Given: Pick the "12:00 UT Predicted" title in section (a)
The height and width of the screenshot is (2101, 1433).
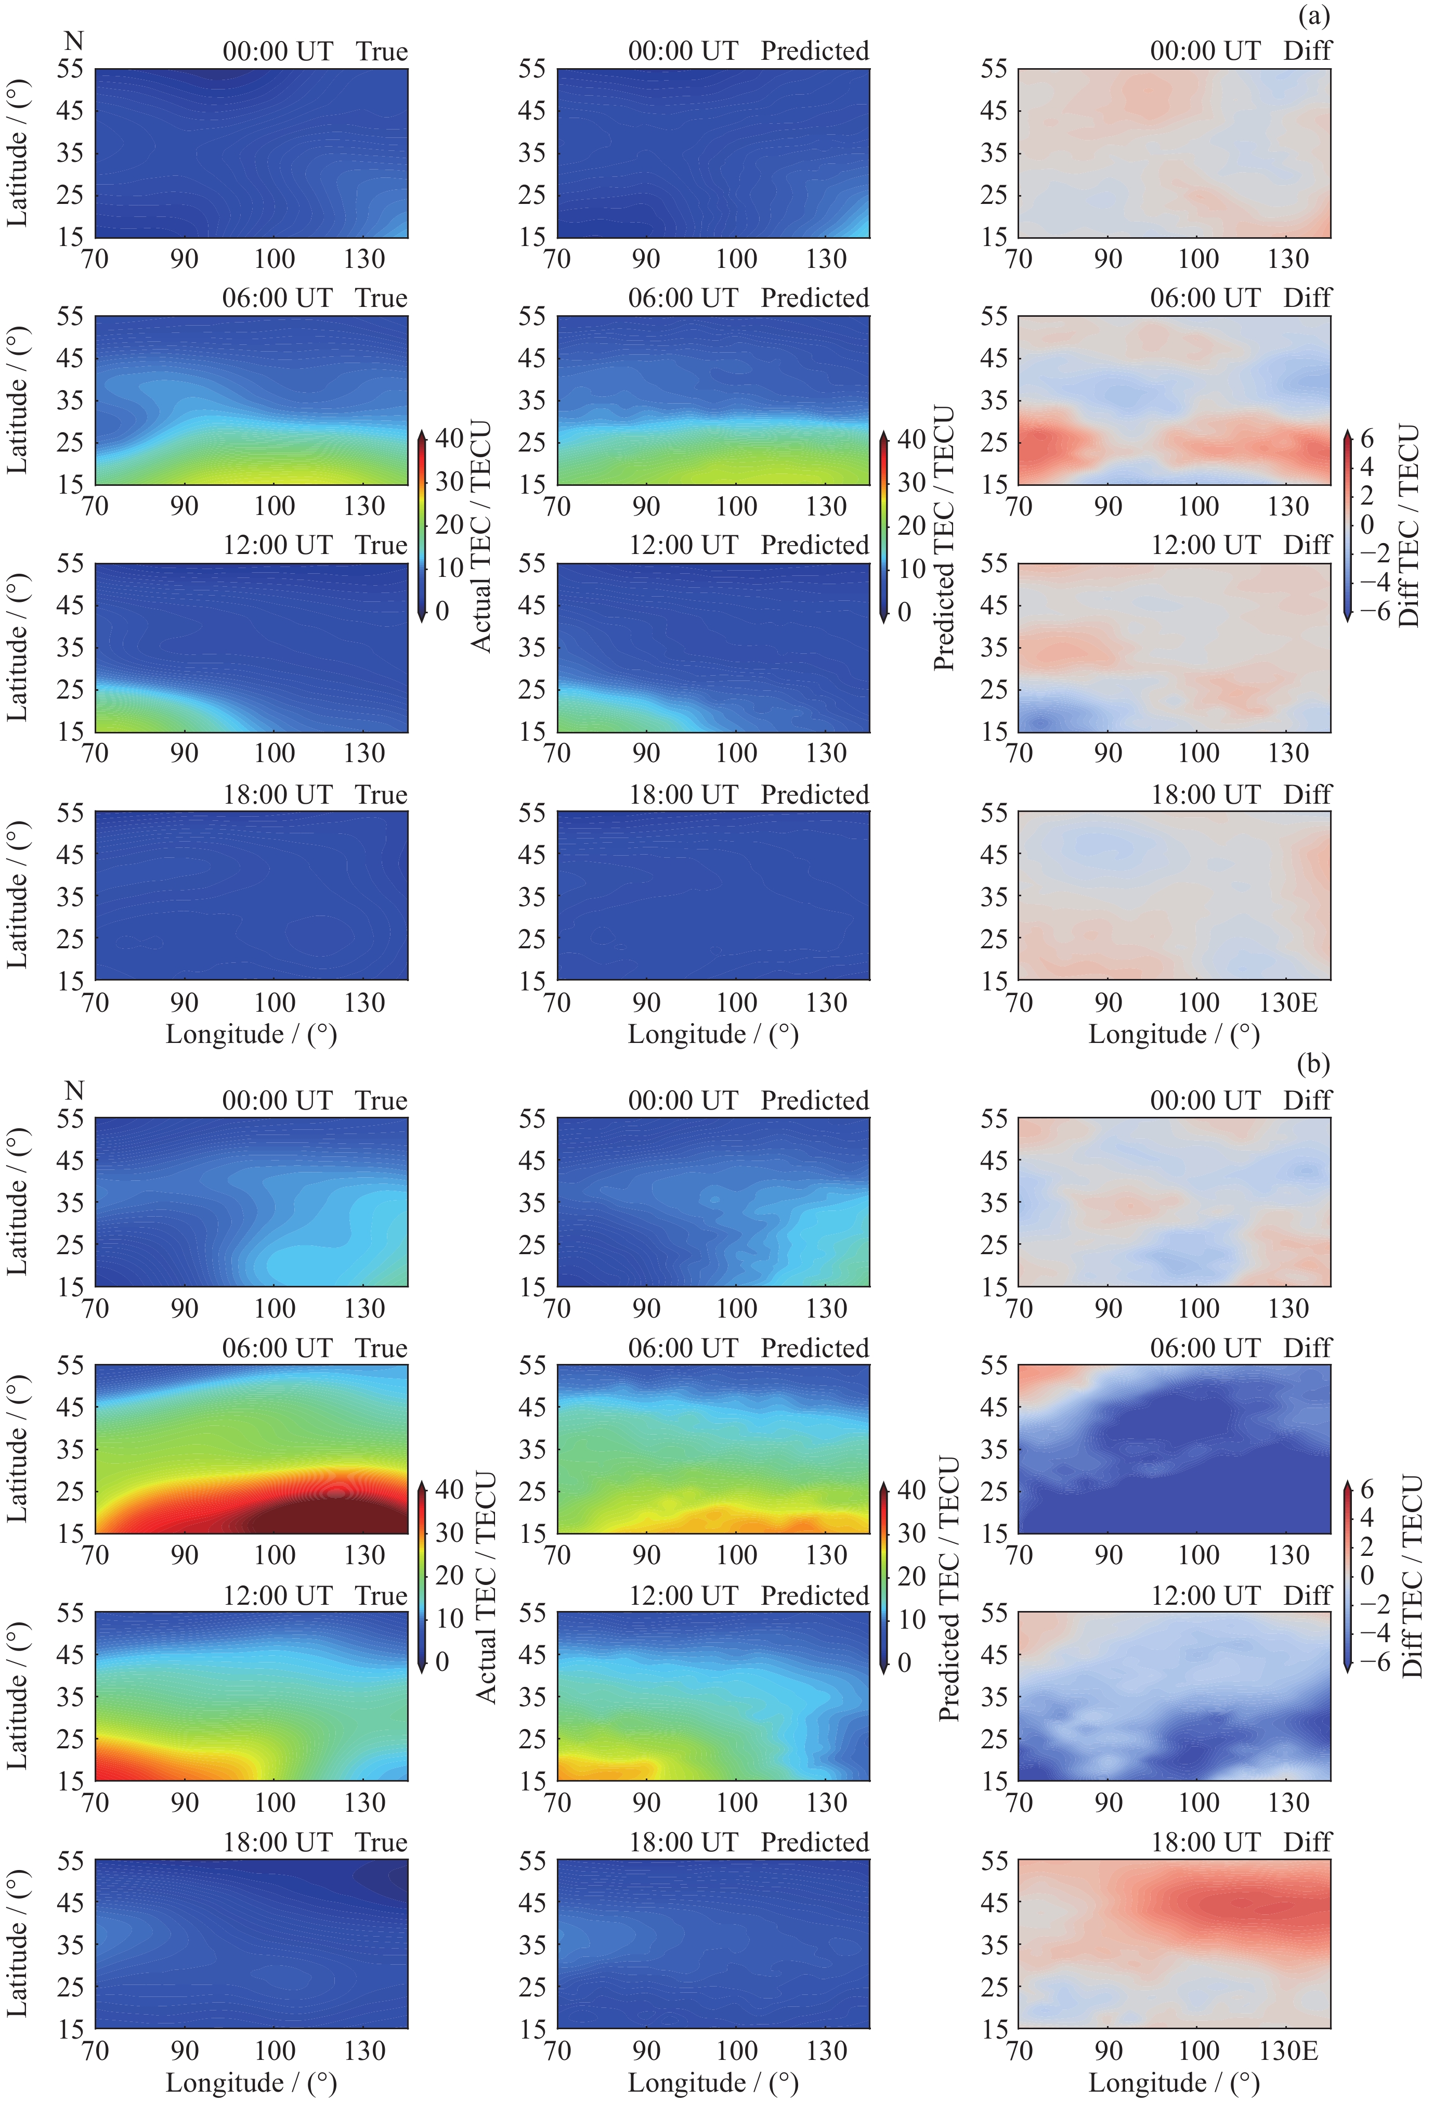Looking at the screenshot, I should (x=748, y=545).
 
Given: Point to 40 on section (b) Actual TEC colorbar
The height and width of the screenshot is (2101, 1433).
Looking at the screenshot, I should (x=449, y=1489).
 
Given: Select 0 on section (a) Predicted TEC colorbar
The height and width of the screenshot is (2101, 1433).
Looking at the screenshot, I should (x=904, y=612).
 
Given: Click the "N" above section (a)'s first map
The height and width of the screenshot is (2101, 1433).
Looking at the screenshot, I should (x=74, y=41).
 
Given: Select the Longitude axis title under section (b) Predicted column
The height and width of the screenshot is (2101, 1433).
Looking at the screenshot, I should (x=713, y=2083).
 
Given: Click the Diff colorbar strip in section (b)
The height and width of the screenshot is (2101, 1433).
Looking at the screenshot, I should (x=1347, y=1575).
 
